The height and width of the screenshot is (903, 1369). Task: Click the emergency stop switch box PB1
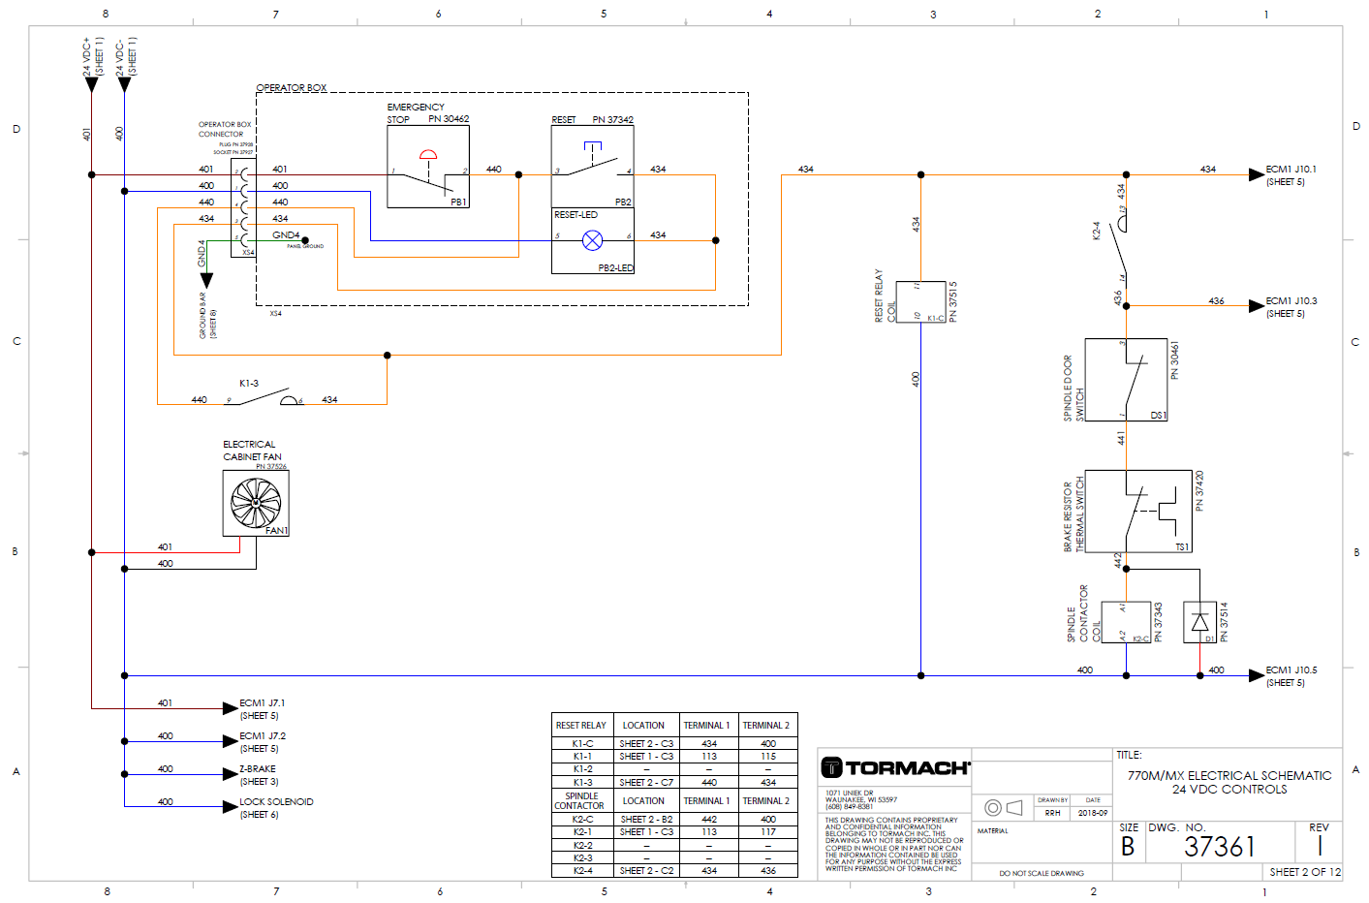[428, 167]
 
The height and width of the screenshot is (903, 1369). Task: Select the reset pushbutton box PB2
[592, 167]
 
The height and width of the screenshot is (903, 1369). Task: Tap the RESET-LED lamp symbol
[592, 240]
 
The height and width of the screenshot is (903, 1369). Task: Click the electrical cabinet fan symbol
[256, 502]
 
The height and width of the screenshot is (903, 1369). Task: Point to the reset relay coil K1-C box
[920, 301]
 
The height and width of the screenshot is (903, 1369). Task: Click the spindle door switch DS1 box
[1125, 380]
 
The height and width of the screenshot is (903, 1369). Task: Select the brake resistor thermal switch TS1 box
[1138, 511]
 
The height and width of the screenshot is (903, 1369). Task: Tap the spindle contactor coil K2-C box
[1126, 622]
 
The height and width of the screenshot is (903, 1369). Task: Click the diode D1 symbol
[1199, 622]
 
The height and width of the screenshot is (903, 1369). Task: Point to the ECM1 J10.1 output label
[1291, 170]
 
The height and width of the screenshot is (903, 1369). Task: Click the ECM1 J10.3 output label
[1291, 301]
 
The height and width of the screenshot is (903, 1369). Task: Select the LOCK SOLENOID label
[276, 802]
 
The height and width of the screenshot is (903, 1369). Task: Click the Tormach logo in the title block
[895, 767]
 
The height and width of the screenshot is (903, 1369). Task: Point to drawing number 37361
[1219, 848]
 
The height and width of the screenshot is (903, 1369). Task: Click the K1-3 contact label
[249, 384]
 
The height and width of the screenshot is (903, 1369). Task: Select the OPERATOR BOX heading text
[291, 88]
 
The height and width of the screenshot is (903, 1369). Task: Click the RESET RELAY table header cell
[580, 725]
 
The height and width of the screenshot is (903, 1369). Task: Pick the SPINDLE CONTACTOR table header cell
[580, 800]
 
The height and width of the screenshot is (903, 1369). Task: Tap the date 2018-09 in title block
[1093, 813]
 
